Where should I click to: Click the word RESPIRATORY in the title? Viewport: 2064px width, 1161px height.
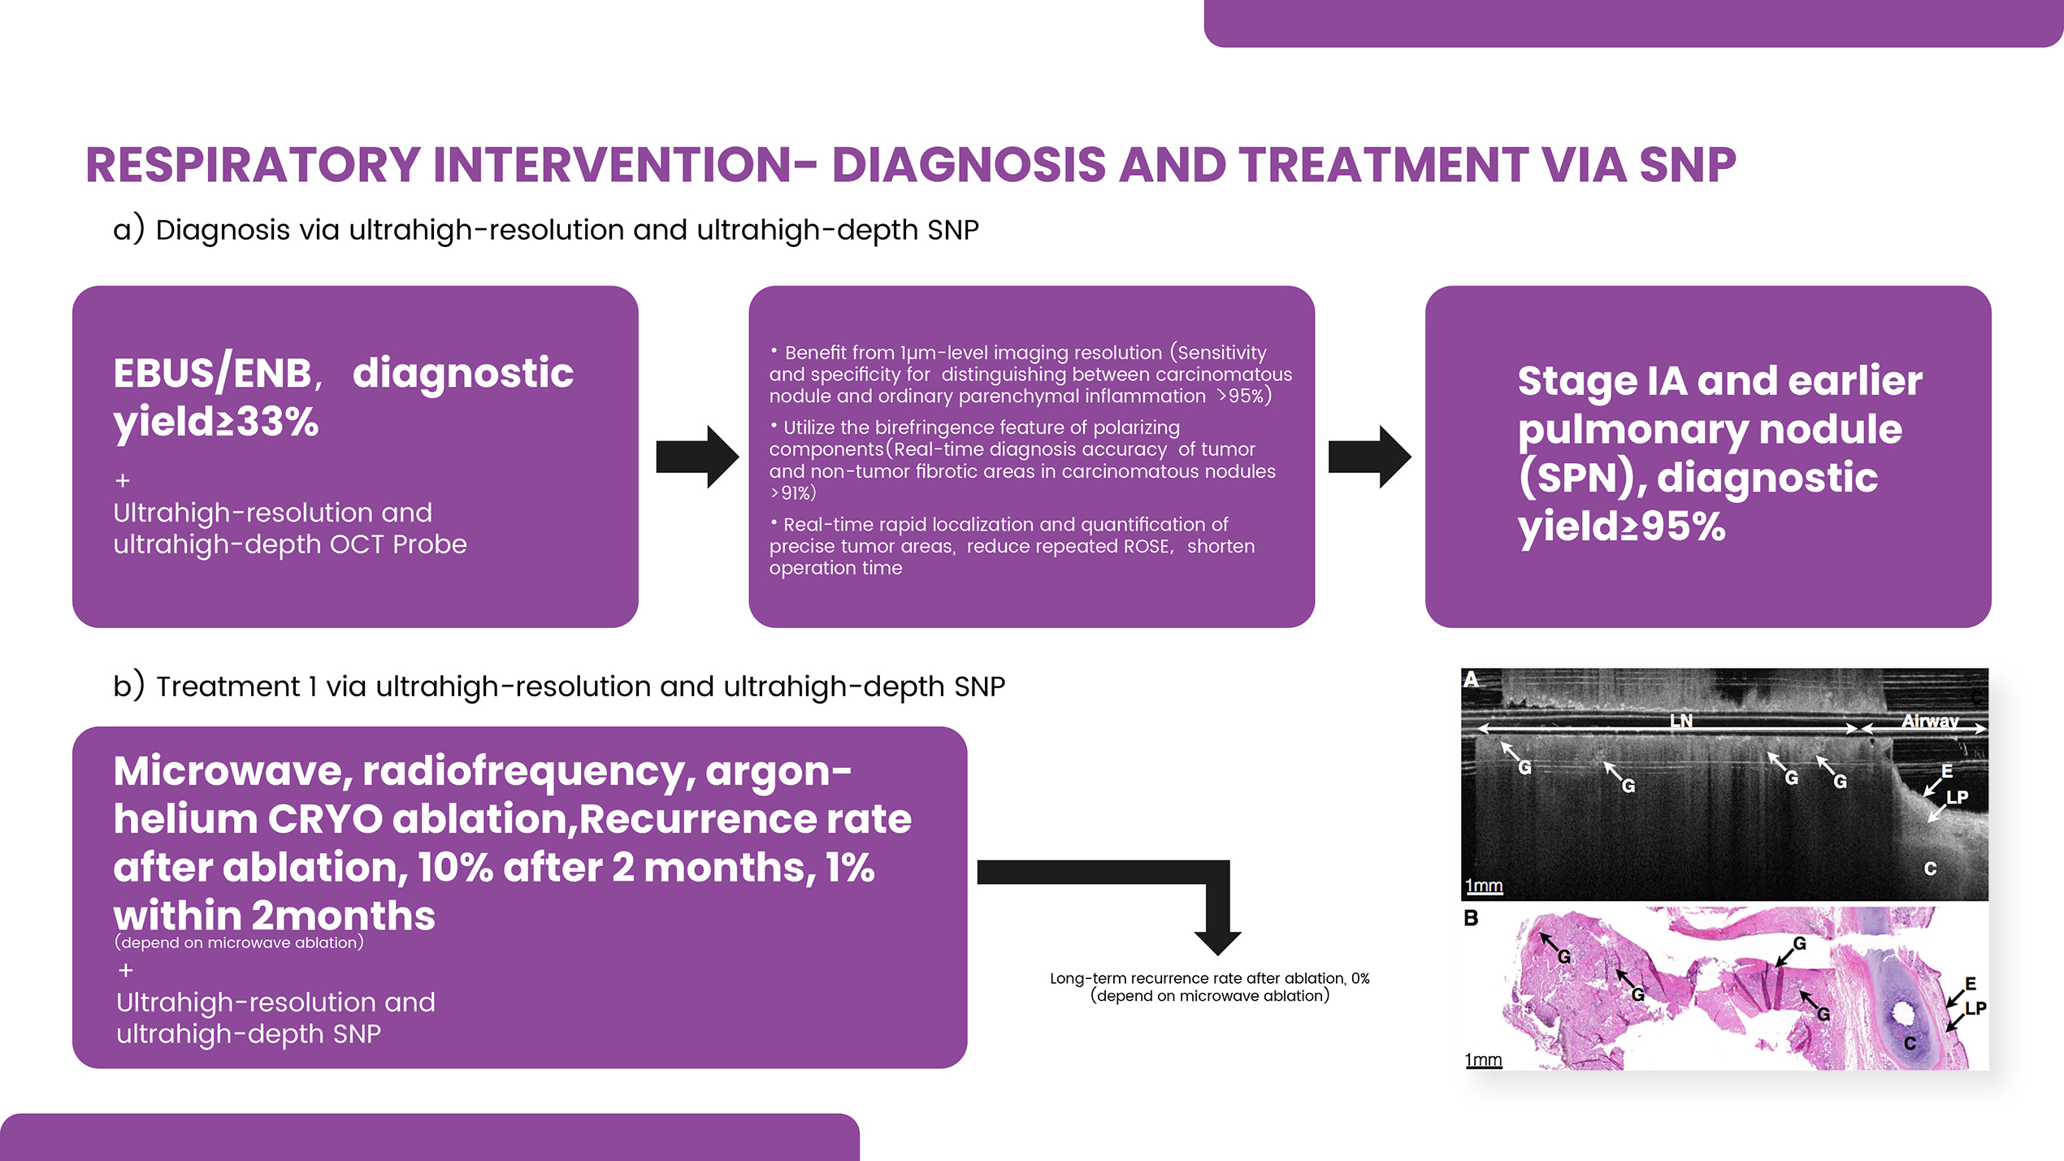252,166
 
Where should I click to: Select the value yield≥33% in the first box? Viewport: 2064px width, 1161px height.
216,422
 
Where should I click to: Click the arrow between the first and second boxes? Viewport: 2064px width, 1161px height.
696,457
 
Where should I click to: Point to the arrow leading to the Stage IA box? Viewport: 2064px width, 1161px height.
1369,457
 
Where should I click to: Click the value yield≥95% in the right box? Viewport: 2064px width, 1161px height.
1621,526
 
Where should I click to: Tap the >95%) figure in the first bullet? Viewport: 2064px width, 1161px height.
1244,396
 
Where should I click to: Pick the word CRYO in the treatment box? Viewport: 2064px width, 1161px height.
325,819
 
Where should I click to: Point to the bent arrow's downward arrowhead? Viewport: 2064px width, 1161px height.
1216,942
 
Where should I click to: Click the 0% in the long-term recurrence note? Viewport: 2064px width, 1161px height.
1360,979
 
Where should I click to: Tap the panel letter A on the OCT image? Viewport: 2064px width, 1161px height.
1472,679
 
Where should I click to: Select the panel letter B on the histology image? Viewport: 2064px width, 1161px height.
1471,919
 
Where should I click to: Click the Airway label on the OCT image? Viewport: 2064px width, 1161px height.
1930,721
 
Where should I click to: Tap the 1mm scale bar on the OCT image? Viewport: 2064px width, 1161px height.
1484,886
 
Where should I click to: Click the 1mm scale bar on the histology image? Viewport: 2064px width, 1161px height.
1483,1060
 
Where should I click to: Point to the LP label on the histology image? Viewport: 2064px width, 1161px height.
1975,1009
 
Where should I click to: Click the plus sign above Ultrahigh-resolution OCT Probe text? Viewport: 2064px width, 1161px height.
123,481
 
